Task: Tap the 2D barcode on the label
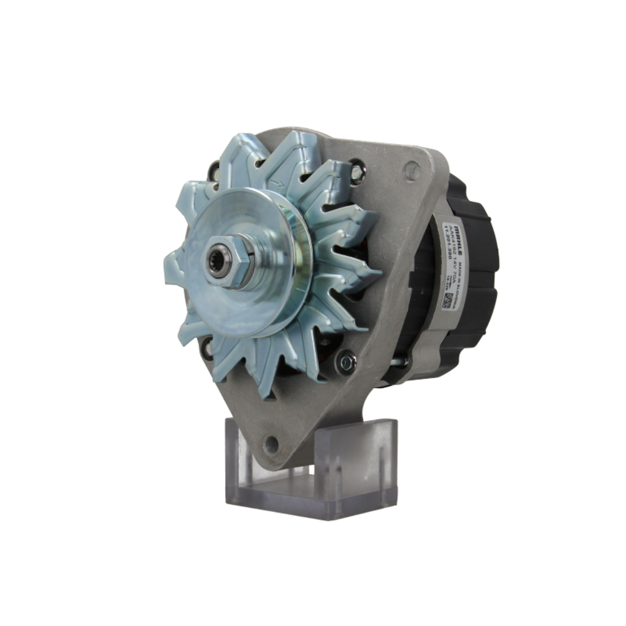(x=447, y=299)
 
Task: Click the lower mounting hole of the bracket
(x=270, y=445)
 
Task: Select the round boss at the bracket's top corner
(x=411, y=168)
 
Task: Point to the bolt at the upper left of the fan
(x=215, y=169)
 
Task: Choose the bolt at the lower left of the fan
(x=207, y=348)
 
